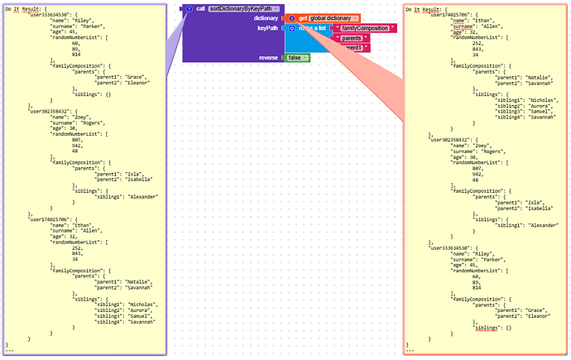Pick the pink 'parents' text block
pyautogui.click(x=353, y=38)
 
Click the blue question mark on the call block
pyautogui.click(x=189, y=8)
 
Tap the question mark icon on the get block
pyautogui.click(x=292, y=17)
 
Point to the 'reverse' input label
pyautogui.click(x=268, y=57)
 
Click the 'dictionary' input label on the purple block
pyautogui.click(x=266, y=17)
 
